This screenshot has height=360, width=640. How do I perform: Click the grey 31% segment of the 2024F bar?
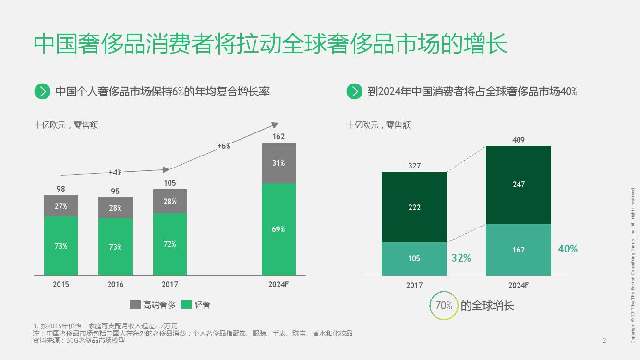(x=278, y=163)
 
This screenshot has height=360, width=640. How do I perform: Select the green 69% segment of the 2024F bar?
(x=278, y=229)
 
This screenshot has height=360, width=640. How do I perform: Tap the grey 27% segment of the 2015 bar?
(x=61, y=206)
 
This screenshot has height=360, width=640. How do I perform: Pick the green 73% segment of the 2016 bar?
(x=115, y=247)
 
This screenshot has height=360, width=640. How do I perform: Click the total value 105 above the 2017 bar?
(x=170, y=183)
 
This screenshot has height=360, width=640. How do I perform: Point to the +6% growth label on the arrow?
(x=224, y=146)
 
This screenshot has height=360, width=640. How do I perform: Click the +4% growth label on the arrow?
(x=115, y=172)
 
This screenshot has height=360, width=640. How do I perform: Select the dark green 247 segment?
(x=519, y=184)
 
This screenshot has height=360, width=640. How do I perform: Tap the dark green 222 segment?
(x=414, y=207)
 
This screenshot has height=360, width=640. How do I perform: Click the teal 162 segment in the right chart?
(x=519, y=250)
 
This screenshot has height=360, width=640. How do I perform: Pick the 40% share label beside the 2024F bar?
(x=568, y=249)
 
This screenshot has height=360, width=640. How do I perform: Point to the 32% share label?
(x=461, y=258)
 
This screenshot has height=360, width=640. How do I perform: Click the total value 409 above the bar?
(x=519, y=140)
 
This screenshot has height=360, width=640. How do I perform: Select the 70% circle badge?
(x=444, y=305)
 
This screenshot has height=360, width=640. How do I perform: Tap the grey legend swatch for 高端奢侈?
(x=135, y=305)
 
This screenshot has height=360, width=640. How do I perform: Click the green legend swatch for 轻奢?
(x=187, y=305)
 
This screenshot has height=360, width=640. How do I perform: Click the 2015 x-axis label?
(x=61, y=284)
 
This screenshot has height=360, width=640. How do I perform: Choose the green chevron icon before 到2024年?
(x=354, y=91)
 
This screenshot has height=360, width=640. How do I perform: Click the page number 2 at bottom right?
(x=604, y=341)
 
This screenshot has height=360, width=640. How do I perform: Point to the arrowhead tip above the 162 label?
(x=277, y=124)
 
